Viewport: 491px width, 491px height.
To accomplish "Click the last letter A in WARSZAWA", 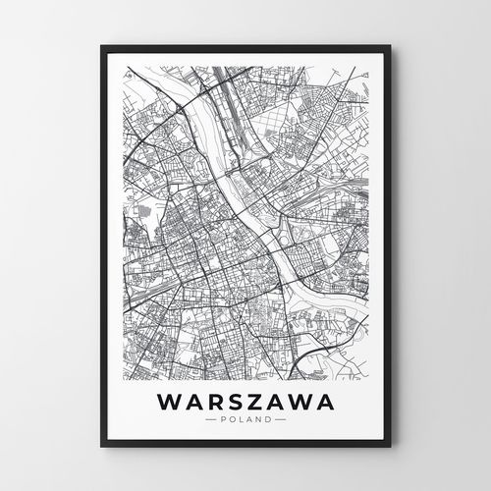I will tap(323, 403).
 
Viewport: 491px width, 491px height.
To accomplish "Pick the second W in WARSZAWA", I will tap(299, 403).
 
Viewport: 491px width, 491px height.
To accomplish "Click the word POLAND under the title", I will tap(245, 420).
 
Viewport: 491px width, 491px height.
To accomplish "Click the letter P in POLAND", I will tap(225, 420).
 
